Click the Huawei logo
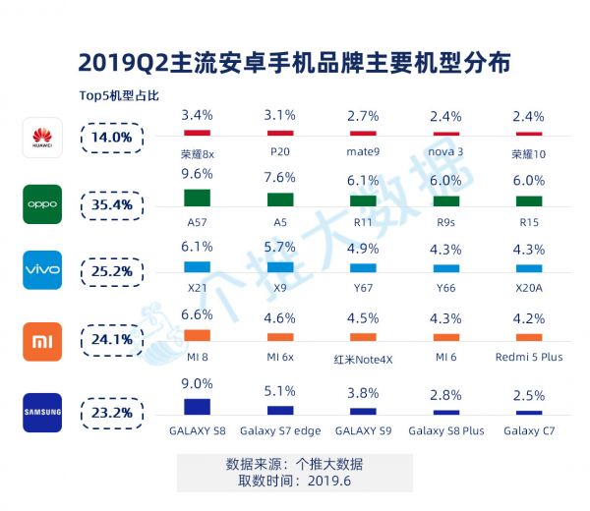[x=41, y=138]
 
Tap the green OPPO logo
[x=41, y=203]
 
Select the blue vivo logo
[x=41, y=269]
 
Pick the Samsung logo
[x=41, y=412]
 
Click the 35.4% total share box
[x=112, y=203]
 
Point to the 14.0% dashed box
[x=112, y=138]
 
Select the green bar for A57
[x=197, y=197]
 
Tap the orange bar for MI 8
[x=197, y=335]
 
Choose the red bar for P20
[x=280, y=132]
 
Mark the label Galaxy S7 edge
[x=280, y=430]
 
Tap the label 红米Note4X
[x=364, y=359]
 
